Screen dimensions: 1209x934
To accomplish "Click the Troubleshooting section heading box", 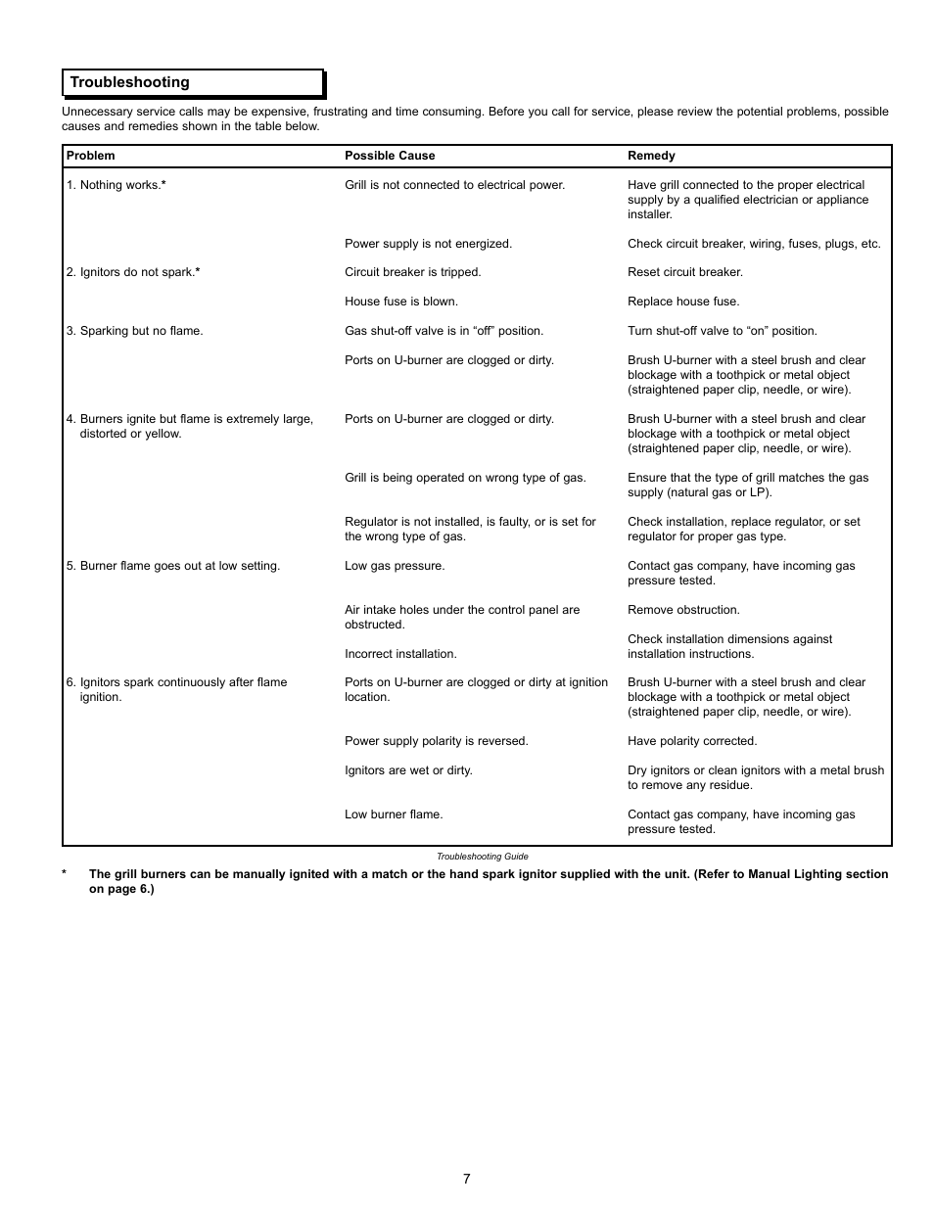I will [x=193, y=83].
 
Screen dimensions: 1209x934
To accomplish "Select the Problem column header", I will [x=91, y=156].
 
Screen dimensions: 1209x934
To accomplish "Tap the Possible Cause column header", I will [x=390, y=156].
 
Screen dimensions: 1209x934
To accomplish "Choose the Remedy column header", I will [x=651, y=156].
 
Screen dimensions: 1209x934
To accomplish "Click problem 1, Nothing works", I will [x=117, y=185].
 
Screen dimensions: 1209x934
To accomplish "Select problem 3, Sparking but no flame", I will [x=135, y=331].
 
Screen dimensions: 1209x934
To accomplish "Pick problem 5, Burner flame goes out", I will [x=173, y=566].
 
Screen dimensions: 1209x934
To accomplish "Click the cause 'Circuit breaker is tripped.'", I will [x=412, y=272].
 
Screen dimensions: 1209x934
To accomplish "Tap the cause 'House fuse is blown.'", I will [x=401, y=302].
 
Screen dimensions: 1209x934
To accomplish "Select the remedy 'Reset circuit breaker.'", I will [x=685, y=272].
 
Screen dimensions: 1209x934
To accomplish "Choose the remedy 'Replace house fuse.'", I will [x=683, y=302].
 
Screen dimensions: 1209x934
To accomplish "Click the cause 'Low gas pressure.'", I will [x=395, y=566].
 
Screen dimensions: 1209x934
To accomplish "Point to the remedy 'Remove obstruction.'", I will [x=683, y=610].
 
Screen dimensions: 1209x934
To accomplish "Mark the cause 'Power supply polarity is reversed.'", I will [x=436, y=741].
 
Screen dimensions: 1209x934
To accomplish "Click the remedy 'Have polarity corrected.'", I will [x=692, y=741].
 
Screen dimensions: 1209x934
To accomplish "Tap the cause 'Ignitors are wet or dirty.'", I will [x=408, y=770].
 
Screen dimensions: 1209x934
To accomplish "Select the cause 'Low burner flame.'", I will [x=394, y=814].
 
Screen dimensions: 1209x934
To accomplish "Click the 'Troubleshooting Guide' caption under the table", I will [x=482, y=857].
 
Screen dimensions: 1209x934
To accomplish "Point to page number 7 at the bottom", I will [x=467, y=1179].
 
